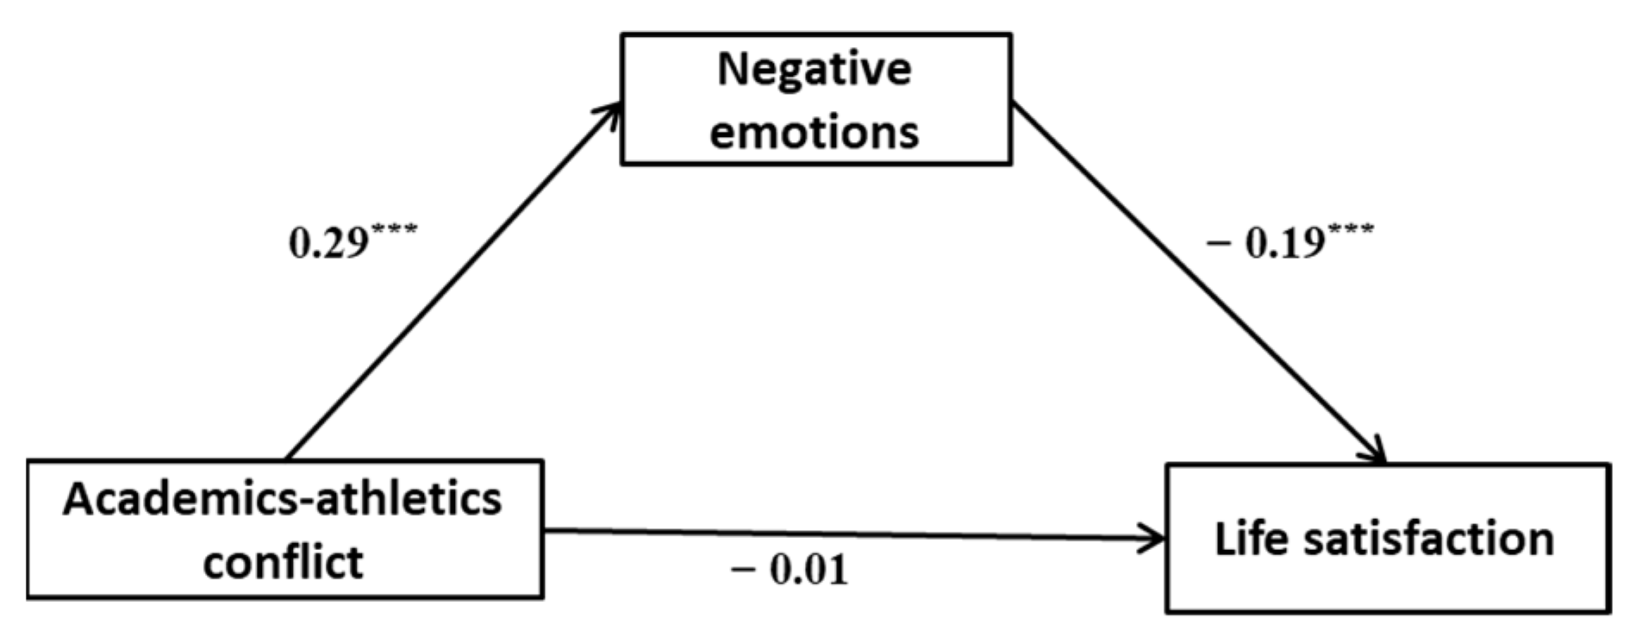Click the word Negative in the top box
point(814,71)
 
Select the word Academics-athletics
point(283,498)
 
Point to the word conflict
point(283,562)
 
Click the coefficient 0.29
point(328,245)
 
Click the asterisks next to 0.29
point(394,231)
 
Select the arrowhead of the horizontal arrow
point(1155,540)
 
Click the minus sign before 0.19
point(1218,245)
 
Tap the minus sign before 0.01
point(743,571)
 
